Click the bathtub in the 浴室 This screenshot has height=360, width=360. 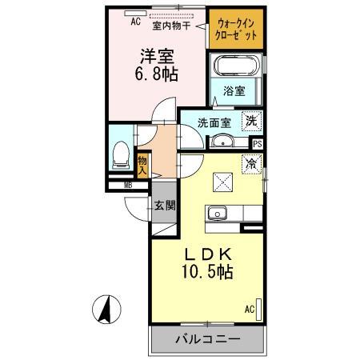tap(232, 70)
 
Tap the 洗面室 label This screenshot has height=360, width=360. tap(214, 123)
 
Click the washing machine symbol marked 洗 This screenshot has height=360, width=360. tap(251, 122)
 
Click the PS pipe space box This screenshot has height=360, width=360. tap(257, 144)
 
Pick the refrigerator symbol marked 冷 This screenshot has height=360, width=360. tap(251, 164)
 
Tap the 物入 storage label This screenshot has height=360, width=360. tap(142, 166)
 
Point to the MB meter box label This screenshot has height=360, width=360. tap(127, 187)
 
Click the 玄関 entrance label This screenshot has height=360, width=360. tap(166, 205)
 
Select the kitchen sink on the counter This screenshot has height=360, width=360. tap(218, 213)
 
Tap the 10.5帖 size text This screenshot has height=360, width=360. tap(206, 273)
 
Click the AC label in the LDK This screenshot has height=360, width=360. tap(248, 309)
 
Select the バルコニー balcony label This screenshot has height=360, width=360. tap(206, 339)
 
